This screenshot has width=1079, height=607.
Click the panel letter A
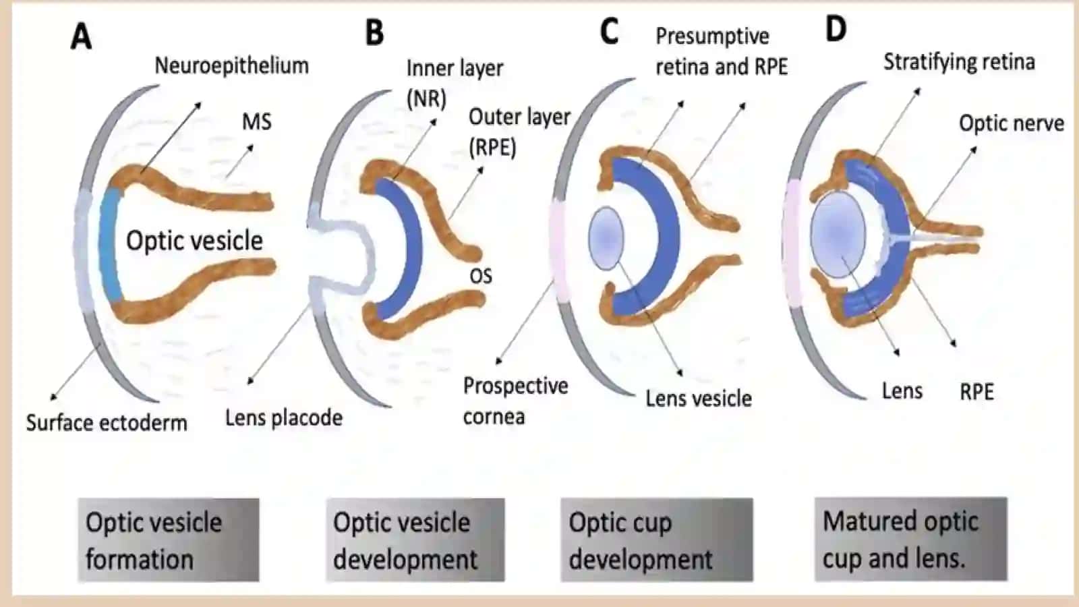[81, 37]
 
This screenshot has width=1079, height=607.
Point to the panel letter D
[836, 29]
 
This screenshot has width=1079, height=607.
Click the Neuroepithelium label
[232, 65]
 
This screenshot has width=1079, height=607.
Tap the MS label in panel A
[257, 121]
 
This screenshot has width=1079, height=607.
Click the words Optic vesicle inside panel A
[195, 240]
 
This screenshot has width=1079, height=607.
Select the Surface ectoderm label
[107, 423]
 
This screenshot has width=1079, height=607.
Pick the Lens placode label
[284, 417]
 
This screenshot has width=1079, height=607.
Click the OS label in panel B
[481, 277]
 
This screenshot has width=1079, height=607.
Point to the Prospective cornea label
[515, 401]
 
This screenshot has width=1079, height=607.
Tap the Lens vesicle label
[699, 399]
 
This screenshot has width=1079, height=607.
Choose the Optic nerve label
[1012, 123]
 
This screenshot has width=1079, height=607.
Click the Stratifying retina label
[959, 63]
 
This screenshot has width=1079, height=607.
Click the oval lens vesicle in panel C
[606, 238]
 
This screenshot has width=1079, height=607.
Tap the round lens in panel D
[838, 234]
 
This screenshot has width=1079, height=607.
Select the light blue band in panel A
[111, 245]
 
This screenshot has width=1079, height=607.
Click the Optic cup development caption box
[657, 540]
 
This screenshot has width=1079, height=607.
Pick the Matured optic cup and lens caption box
[911, 539]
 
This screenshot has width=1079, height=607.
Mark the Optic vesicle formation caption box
[169, 540]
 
